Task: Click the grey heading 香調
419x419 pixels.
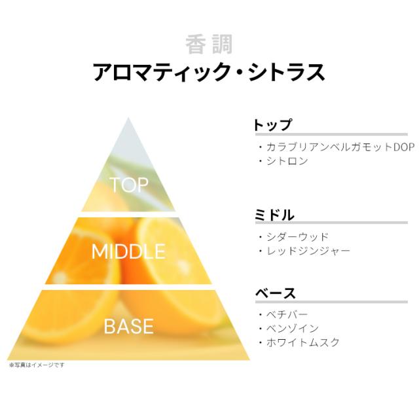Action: tap(209, 45)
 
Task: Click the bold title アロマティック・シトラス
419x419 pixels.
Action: tap(209, 72)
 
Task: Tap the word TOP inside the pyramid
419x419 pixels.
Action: tap(129, 185)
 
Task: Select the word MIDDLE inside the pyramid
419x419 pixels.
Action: tap(128, 251)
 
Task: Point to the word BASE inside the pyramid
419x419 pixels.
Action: tap(128, 326)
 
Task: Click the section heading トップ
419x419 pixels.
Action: tap(273, 125)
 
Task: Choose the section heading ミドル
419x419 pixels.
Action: tap(275, 215)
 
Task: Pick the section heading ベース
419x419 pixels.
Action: tap(276, 293)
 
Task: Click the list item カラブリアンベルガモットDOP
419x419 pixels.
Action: tap(340, 147)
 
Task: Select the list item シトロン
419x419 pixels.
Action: tap(287, 161)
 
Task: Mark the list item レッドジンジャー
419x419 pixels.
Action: tap(308, 251)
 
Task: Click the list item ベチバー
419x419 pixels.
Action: tap(287, 314)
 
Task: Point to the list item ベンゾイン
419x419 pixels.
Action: tap(293, 329)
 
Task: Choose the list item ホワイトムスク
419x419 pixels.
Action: tap(303, 342)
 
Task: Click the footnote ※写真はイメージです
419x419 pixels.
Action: tap(37, 365)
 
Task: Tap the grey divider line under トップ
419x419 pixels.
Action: tap(331, 134)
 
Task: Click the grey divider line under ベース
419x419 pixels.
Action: tap(331, 302)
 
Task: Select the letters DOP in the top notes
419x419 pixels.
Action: tap(404, 147)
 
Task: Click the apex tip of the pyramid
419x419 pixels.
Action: tap(128, 118)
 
